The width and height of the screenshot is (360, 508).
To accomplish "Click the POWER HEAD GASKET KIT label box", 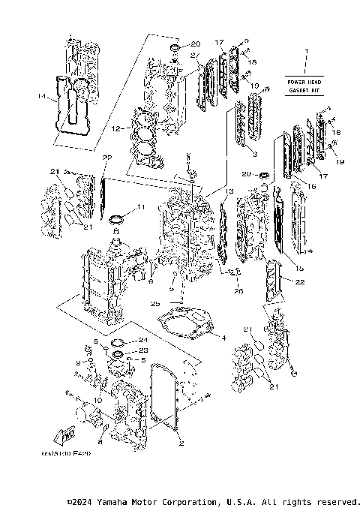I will [304, 85].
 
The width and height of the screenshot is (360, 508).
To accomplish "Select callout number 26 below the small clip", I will [238, 291].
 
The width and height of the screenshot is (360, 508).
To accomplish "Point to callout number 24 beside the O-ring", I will [142, 341].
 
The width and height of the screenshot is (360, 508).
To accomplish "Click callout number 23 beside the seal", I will [142, 350].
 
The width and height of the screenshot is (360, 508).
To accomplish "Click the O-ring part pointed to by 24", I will [118, 343].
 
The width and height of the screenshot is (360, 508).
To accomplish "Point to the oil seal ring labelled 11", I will [117, 220].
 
